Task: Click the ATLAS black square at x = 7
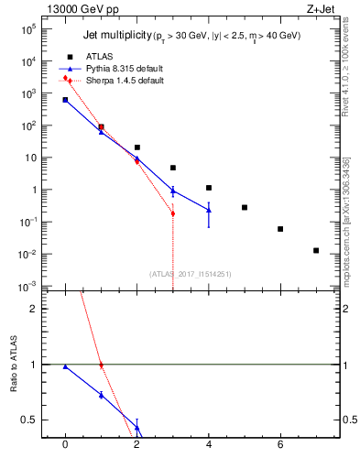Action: click(x=316, y=250)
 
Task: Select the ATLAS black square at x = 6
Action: click(x=280, y=229)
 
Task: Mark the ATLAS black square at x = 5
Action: click(x=245, y=207)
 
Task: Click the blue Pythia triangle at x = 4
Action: click(x=209, y=210)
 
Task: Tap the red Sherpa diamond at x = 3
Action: click(x=172, y=213)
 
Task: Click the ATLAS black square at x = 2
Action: click(x=136, y=147)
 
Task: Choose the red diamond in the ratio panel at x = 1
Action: click(x=101, y=365)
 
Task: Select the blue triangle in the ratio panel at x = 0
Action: click(x=65, y=366)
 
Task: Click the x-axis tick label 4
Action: click(x=209, y=444)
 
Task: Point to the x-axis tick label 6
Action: click(x=280, y=444)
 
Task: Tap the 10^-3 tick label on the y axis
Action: click(x=28, y=287)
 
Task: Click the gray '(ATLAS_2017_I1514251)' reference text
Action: click(x=190, y=274)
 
